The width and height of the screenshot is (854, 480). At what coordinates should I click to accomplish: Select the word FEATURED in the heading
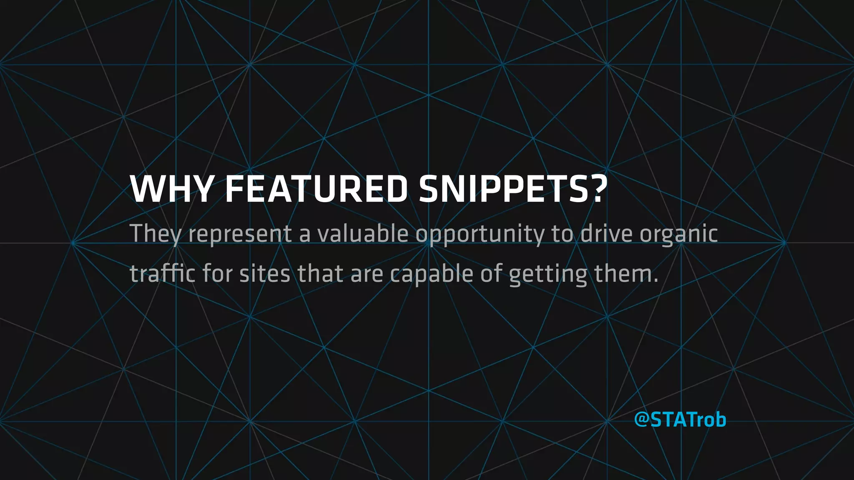(316, 190)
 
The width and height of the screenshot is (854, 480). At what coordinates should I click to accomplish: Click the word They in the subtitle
(155, 234)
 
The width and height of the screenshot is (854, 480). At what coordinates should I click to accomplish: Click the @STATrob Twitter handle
(680, 420)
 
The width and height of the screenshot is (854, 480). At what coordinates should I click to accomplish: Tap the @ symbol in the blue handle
(641, 420)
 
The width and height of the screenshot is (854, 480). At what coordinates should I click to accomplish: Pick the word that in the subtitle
(320, 274)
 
